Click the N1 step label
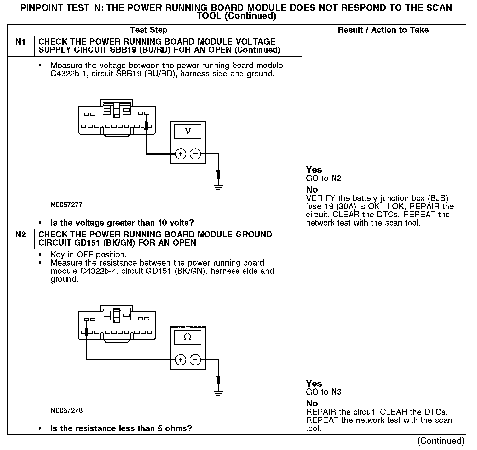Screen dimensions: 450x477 coord(20,42)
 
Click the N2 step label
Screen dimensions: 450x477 coord(20,235)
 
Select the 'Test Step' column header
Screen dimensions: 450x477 coord(149,30)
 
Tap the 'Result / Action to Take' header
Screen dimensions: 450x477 coord(383,30)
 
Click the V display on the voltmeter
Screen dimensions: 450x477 coord(188,131)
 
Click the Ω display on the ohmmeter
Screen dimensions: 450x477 coord(188,337)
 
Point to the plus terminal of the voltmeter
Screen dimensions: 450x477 coord(181,154)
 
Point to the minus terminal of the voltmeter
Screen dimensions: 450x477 coord(196,154)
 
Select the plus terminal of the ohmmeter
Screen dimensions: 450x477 coord(181,360)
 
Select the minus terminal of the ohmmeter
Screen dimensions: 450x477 coord(196,360)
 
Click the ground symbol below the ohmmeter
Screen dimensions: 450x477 coord(218,392)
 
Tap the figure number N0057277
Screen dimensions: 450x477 coord(67,205)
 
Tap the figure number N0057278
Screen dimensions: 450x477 coord(67,410)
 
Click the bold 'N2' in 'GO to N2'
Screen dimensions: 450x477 coord(337,178)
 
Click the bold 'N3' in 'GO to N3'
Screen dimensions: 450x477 coord(337,392)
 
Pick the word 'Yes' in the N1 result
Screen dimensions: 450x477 coord(314,170)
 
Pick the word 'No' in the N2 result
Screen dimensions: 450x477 coord(312,403)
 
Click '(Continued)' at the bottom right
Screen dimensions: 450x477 coord(441,441)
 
